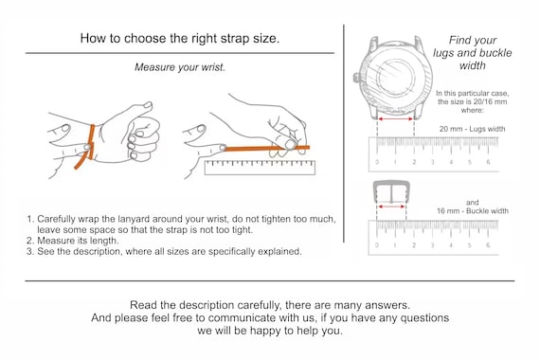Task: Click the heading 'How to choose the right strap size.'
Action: pos(179,39)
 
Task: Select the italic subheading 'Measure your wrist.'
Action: pos(179,68)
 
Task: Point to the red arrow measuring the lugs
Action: pos(396,119)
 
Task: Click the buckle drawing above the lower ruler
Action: pos(391,193)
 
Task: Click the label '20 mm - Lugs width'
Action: pos(471,128)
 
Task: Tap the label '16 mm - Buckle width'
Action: pos(472,210)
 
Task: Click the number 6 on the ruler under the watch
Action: pos(488,162)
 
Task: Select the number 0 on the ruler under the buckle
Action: pos(377,245)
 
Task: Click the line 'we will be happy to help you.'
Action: pos(269,332)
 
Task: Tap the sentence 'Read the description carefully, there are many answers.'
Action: pos(269,305)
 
